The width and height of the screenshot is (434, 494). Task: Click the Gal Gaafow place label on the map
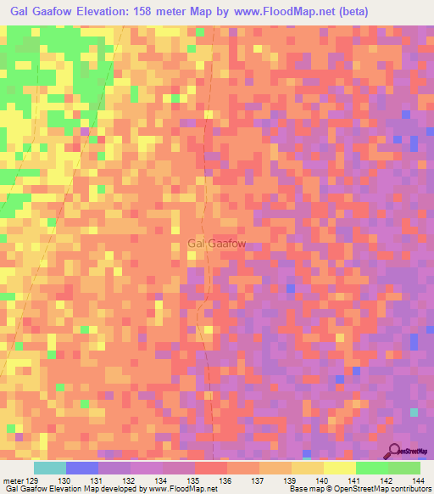(x=217, y=244)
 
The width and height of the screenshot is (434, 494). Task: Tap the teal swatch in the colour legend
(x=49, y=468)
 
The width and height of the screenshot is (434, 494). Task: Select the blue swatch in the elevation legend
(x=81, y=468)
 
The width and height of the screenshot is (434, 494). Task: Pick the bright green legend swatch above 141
(x=372, y=468)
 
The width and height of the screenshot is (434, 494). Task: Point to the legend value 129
(x=33, y=480)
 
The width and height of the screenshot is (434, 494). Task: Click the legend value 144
(x=418, y=480)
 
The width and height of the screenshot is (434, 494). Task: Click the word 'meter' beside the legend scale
(x=13, y=480)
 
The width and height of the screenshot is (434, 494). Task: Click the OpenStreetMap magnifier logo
(x=396, y=452)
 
